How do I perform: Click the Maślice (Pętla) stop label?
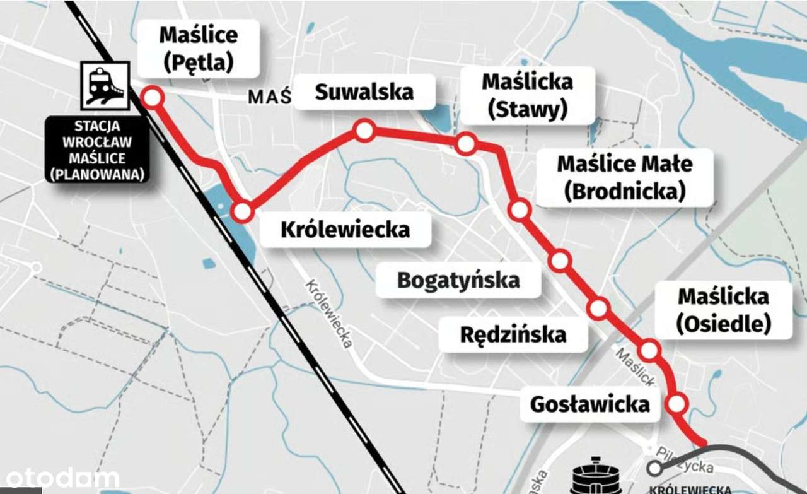[199, 48]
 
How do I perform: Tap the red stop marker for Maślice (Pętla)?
[152, 98]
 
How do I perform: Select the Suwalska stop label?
[364, 92]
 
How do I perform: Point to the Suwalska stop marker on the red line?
[364, 131]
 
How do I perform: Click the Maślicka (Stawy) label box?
[527, 96]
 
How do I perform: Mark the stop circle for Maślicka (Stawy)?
[465, 144]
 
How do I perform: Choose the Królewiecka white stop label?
[345, 229]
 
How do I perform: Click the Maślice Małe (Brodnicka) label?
[624, 177]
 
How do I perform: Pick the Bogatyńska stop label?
[458, 279]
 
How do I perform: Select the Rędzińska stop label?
[513, 334]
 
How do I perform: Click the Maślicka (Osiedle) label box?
[723, 310]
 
